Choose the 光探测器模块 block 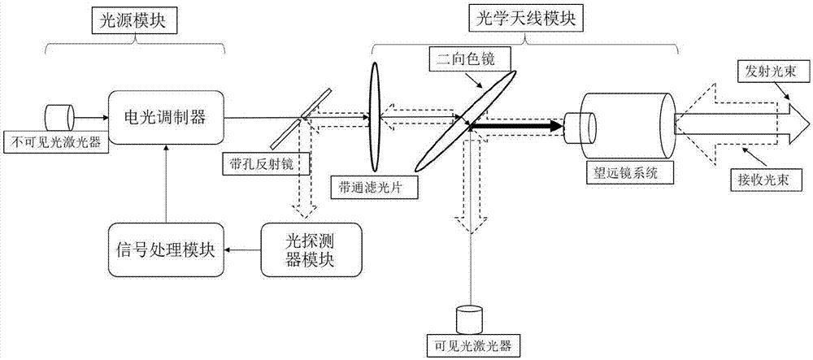click(302, 249)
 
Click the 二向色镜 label click(458, 59)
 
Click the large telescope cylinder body click(630, 124)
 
